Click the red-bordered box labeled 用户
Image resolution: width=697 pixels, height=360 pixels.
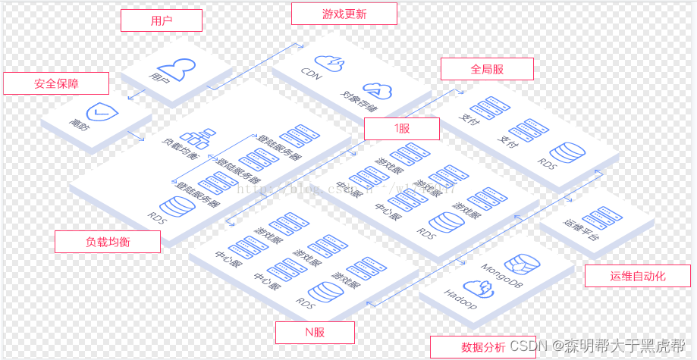coord(162,20)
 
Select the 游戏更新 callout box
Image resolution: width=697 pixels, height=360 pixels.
coord(344,14)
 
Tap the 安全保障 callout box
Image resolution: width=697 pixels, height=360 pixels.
coord(56,83)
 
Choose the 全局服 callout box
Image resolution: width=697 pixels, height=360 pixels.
coord(487,69)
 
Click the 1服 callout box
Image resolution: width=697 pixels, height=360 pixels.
coord(401,129)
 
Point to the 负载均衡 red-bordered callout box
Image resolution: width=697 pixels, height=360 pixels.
coord(108,242)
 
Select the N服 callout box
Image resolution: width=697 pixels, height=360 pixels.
coord(314,333)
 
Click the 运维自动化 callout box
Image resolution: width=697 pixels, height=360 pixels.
coord(637,276)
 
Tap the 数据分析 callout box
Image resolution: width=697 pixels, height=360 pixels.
coord(483,347)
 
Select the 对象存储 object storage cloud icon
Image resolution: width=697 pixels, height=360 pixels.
coord(377,91)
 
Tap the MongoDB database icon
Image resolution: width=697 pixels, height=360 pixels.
coord(523,265)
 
